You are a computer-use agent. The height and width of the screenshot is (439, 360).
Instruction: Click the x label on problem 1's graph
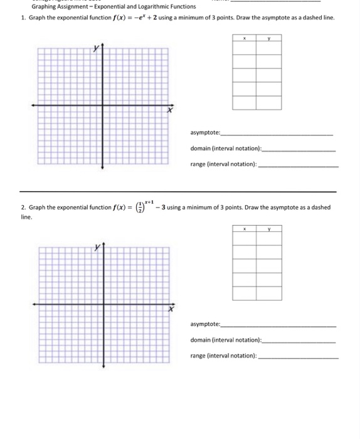point(168,110)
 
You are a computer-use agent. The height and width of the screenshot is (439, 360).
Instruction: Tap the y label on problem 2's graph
point(97,248)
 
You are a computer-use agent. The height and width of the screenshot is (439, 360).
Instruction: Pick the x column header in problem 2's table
point(244,230)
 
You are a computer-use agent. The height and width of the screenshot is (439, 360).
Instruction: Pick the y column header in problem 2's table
point(268,230)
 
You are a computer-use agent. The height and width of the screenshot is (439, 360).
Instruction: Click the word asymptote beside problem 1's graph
point(206,133)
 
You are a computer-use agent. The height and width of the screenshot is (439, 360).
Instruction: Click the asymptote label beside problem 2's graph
point(206,324)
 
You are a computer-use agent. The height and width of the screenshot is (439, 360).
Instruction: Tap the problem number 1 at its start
point(22,18)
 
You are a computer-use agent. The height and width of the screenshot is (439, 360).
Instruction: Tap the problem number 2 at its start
point(22,207)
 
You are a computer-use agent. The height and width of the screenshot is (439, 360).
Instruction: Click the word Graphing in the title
point(45,7)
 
